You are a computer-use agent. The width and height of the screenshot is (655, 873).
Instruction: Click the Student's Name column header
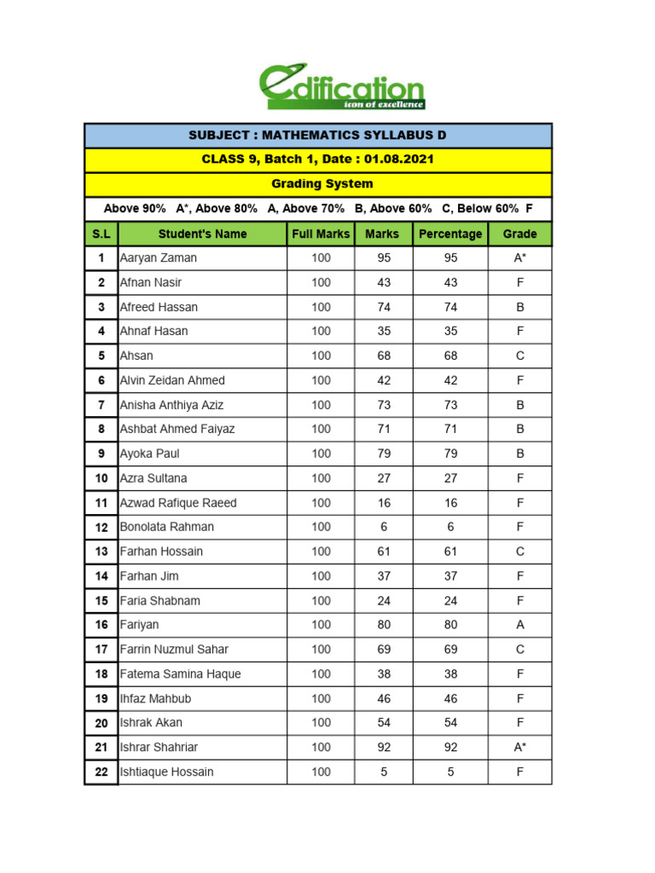[x=202, y=234]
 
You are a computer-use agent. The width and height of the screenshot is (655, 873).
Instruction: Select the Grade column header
[x=519, y=234]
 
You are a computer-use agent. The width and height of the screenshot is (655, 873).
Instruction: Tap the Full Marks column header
[x=321, y=234]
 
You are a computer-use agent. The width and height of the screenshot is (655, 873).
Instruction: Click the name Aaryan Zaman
[x=158, y=258]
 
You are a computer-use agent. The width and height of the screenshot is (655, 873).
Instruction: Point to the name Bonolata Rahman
[x=167, y=527]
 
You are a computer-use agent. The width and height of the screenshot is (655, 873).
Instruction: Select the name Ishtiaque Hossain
[x=167, y=772]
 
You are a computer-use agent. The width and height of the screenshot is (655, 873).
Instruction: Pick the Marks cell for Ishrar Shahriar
[x=384, y=747]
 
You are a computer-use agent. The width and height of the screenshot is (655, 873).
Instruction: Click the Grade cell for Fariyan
[x=519, y=625]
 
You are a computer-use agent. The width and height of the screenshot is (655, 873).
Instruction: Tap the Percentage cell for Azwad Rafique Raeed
[x=450, y=503]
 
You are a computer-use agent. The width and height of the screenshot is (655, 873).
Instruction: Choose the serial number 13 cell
[x=101, y=552]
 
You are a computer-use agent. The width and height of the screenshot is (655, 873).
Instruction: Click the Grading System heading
[x=322, y=184]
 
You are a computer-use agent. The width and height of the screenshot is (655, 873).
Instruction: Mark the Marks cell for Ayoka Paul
[x=384, y=454]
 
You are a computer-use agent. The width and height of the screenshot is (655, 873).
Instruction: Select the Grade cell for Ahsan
[x=519, y=356]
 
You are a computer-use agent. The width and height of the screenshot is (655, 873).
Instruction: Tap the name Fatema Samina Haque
[x=181, y=674]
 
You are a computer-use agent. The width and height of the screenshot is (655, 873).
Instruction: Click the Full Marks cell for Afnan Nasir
[x=321, y=282]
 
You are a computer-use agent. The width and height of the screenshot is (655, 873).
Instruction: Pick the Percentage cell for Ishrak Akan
[x=450, y=722]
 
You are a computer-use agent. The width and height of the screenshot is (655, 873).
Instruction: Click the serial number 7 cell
[x=101, y=405]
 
